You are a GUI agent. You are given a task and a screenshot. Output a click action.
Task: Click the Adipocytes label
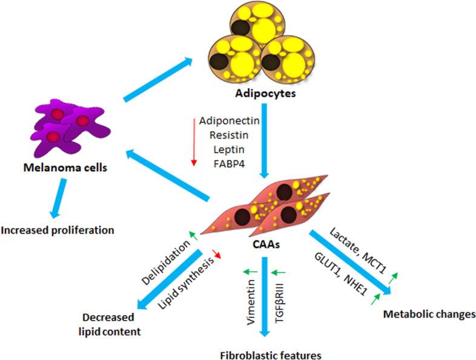(265, 93)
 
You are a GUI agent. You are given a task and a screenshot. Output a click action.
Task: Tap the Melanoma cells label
(65, 168)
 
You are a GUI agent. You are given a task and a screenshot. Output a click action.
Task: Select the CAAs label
(266, 244)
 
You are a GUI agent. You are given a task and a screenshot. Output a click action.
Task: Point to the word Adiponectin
(229, 121)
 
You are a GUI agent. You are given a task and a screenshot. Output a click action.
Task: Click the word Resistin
(229, 135)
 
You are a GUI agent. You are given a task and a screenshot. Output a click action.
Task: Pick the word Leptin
(229, 149)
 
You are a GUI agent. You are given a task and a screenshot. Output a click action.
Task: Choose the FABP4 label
(229, 164)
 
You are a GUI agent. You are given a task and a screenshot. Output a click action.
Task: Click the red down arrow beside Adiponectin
(194, 142)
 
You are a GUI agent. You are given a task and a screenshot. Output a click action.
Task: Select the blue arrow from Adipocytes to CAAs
(265, 141)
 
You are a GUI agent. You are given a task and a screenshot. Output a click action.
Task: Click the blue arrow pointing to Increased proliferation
(58, 198)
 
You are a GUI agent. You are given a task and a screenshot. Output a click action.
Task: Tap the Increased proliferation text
(58, 230)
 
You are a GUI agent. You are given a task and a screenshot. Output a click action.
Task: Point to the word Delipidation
(165, 263)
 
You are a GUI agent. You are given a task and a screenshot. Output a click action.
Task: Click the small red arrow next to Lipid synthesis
(217, 254)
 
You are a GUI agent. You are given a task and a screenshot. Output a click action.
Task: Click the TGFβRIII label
(280, 303)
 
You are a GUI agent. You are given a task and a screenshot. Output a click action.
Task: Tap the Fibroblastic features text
(271, 355)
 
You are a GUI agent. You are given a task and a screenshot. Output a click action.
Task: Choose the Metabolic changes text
(429, 314)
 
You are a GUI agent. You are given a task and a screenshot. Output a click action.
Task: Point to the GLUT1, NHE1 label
(340, 274)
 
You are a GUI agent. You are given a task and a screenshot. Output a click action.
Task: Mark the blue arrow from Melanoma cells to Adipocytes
(158, 80)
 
